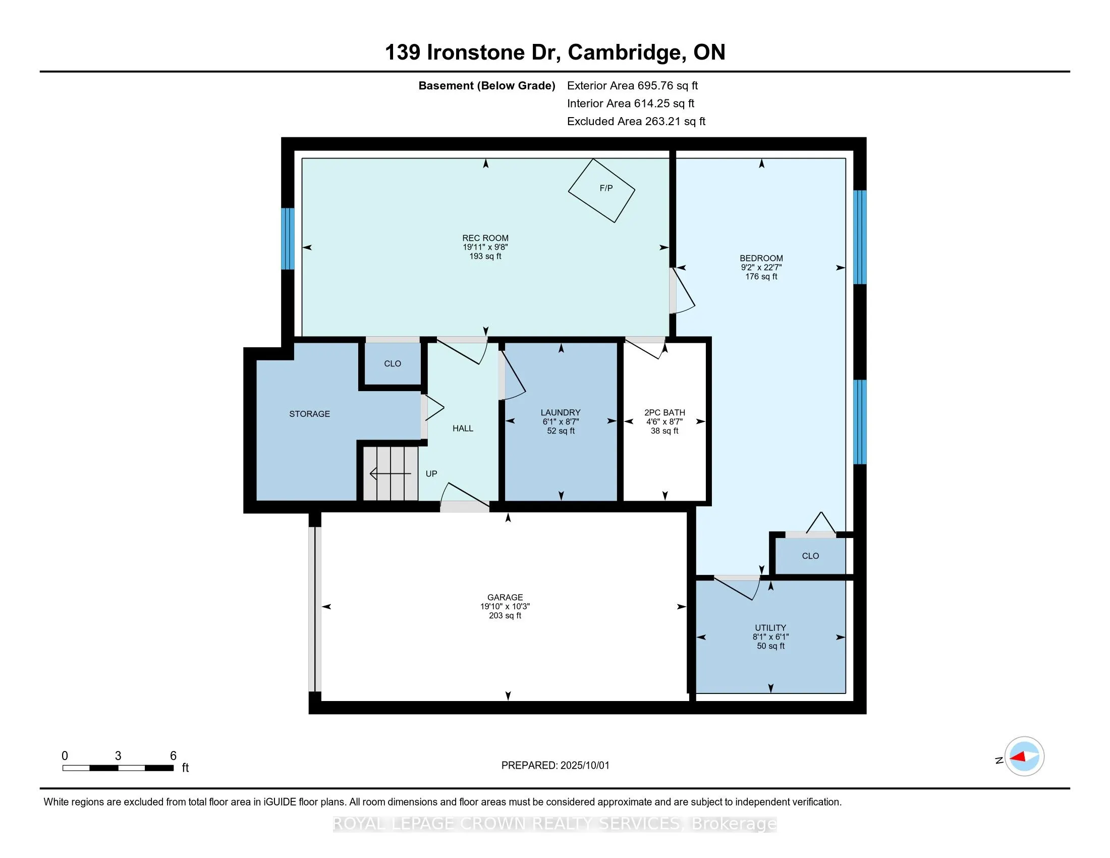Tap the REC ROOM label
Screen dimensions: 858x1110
click(485, 238)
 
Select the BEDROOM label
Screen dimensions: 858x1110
click(761, 258)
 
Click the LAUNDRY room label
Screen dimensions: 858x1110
click(560, 412)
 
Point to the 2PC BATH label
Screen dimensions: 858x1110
click(664, 412)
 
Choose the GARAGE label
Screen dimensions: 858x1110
click(505, 597)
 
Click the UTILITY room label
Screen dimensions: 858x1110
click(770, 628)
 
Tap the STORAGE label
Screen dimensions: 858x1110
click(309, 414)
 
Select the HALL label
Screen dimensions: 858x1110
click(463, 428)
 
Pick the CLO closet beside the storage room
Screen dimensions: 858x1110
click(393, 363)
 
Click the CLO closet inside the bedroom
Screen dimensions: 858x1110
click(810, 556)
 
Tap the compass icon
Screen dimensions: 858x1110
click(1024, 757)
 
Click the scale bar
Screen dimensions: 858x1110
click(118, 768)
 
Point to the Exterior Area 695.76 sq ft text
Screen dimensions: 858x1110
click(632, 85)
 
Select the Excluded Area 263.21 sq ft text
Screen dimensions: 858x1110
click(636, 121)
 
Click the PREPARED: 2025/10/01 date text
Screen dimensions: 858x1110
click(555, 766)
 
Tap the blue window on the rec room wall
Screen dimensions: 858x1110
click(288, 238)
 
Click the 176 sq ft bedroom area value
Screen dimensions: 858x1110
click(761, 277)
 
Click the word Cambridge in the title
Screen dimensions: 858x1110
click(625, 52)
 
